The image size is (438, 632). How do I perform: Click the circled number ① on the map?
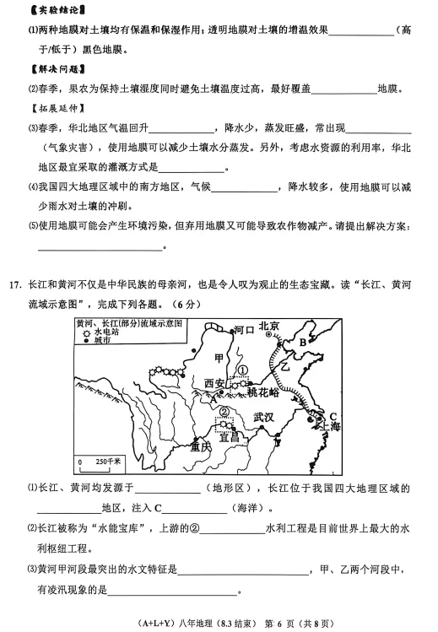click(x=242, y=369)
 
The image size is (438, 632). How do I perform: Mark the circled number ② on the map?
click(x=224, y=412)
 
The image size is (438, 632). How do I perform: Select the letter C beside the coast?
click(x=333, y=417)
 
